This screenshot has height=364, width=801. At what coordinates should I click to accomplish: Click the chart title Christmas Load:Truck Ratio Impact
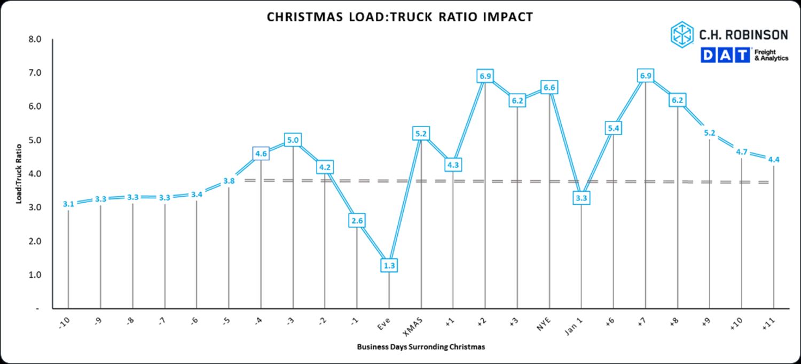pyautogui.click(x=399, y=17)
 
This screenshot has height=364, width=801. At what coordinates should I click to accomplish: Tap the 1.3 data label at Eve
pyautogui.click(x=389, y=265)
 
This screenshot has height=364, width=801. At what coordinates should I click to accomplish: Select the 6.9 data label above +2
pyautogui.click(x=485, y=76)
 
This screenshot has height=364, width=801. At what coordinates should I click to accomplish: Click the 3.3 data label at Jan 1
pyautogui.click(x=582, y=198)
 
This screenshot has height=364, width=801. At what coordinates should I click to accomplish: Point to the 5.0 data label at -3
pyautogui.click(x=293, y=141)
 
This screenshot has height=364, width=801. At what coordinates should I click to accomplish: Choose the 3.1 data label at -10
pyautogui.click(x=68, y=204)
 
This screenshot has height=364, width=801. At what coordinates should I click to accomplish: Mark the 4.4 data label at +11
pyautogui.click(x=774, y=159)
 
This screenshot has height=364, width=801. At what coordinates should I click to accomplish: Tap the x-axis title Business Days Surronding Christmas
pyautogui.click(x=421, y=347)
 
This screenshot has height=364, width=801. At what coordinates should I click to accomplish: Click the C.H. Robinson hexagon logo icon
pyautogui.click(x=682, y=34)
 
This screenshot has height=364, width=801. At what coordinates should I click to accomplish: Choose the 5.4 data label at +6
pyautogui.click(x=614, y=128)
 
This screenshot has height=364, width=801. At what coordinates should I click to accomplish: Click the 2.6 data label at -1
pyautogui.click(x=357, y=220)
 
